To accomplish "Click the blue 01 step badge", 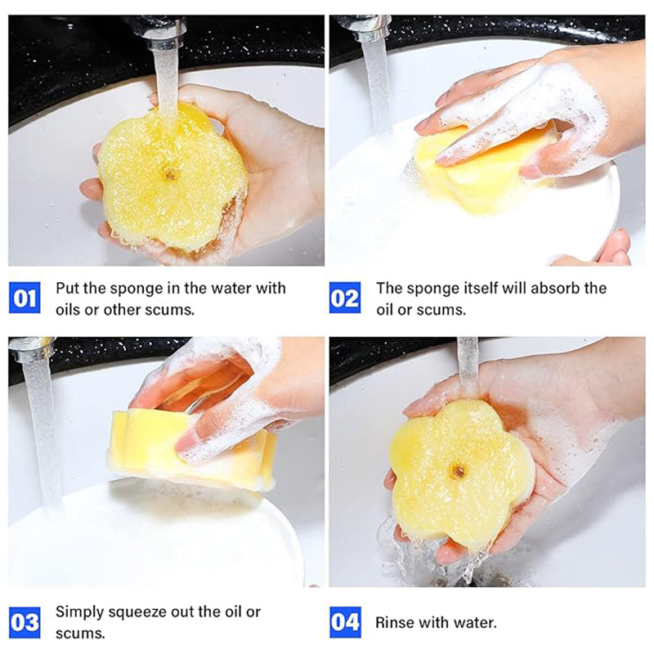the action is pos(25,298).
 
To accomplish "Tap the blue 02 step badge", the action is pos(345,298).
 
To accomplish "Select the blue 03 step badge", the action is pos(25,622).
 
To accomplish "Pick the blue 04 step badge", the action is pos(345,622).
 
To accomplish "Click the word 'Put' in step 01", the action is pos(67,289).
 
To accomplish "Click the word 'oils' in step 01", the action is pos(68,310).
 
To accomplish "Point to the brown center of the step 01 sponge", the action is pos(170,174).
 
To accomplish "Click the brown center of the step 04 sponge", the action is pos(458,472).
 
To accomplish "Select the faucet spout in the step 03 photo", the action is pos(30,349).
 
